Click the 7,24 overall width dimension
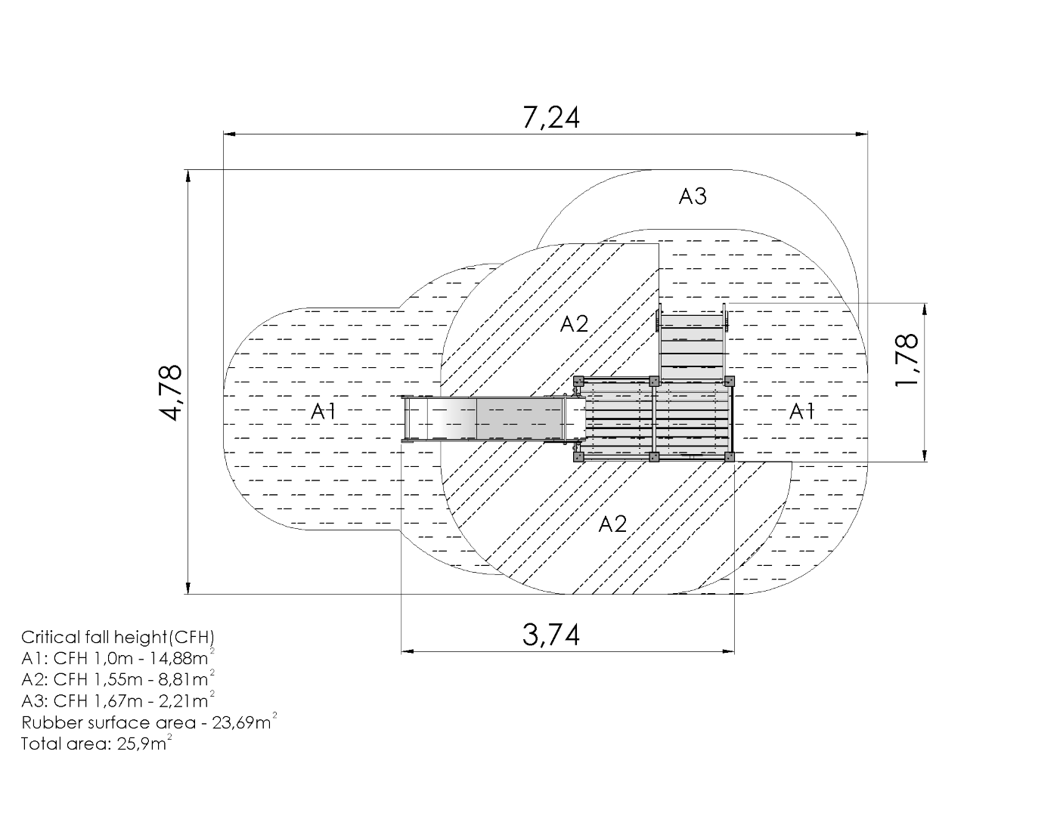pos(551,118)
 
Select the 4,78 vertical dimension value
pos(171,392)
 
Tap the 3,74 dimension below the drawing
pos(551,635)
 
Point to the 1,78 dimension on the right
pos(907,360)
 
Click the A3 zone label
pos(693,196)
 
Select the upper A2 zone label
pos(574,323)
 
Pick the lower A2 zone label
pos(612,524)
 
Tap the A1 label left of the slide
pos(324,412)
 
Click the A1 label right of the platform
pos(801,412)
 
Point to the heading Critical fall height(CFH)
pos(118,637)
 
